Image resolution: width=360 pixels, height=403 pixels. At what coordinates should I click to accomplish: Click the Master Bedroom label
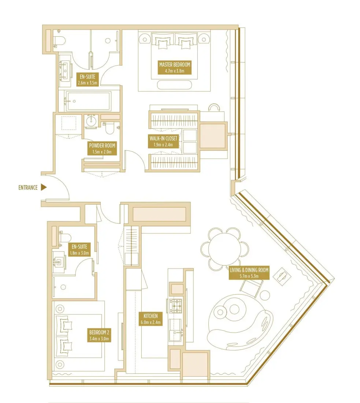tap(175, 68)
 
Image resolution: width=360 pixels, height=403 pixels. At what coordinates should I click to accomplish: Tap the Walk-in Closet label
tap(163, 141)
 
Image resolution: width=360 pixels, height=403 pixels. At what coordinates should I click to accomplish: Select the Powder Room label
tap(102, 148)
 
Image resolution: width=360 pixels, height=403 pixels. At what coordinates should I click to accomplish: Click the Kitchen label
tap(151, 319)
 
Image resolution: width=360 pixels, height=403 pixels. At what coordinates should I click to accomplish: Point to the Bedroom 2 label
tap(100, 336)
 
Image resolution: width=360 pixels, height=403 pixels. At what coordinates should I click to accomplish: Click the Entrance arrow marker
tap(44, 188)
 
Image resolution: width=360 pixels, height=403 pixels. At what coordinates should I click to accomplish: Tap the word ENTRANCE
tap(28, 188)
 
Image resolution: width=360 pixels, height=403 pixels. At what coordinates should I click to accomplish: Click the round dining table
tap(223, 248)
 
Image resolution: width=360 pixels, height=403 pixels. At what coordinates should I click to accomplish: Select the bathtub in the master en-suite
tap(88, 101)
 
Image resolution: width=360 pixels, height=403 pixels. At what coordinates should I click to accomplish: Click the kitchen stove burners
tap(176, 306)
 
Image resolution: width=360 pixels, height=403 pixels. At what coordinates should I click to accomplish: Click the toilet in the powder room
tap(110, 129)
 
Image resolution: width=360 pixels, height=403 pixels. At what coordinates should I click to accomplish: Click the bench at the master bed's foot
tap(174, 85)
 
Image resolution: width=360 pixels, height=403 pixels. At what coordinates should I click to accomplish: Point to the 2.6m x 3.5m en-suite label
tap(87, 80)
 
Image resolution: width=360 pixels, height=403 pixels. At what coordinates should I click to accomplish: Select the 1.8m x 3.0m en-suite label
tap(79, 249)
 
